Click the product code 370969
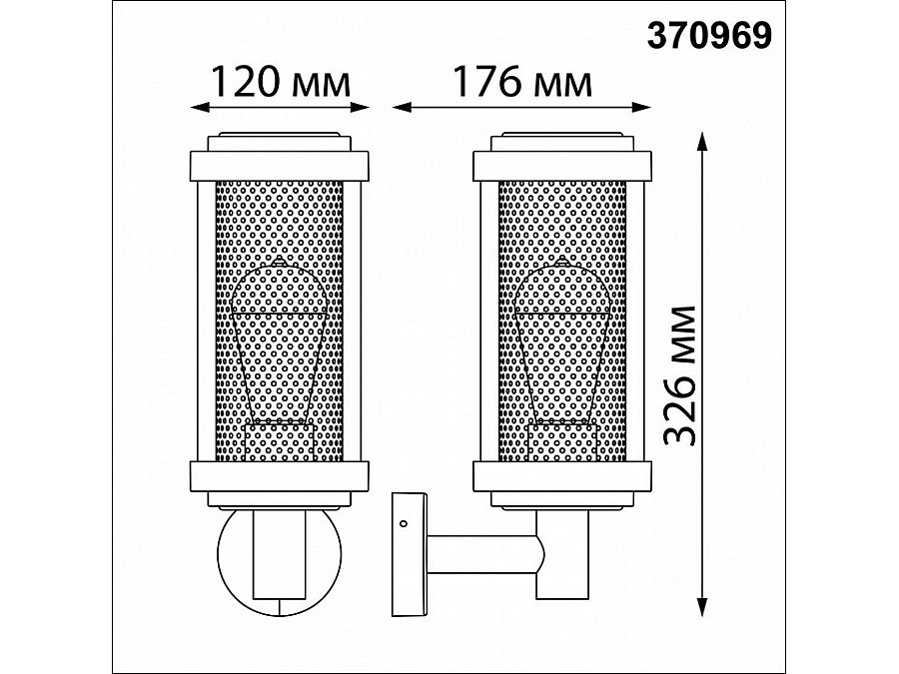[710, 36]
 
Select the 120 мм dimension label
[281, 82]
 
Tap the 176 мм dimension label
[522, 82]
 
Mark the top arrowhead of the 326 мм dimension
[701, 141]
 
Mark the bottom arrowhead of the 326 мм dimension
[701, 607]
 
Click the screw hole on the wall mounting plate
[403, 523]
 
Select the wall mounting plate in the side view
[410, 554]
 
